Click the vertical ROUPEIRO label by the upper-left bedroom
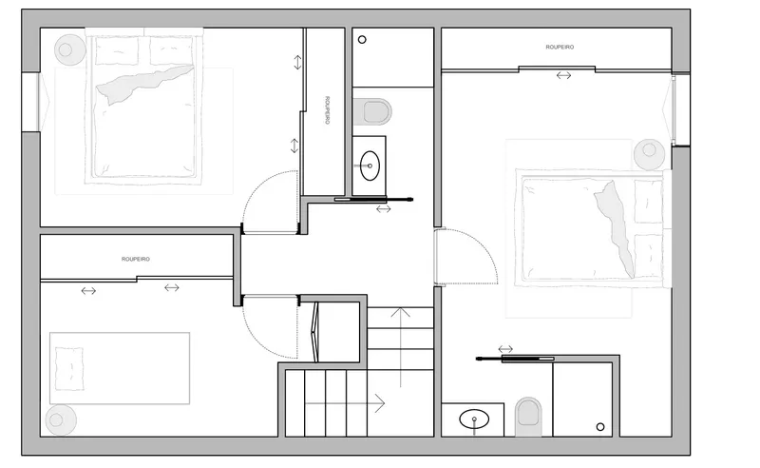(x=327, y=110)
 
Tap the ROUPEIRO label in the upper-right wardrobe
(x=560, y=46)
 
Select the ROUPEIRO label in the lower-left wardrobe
(x=136, y=259)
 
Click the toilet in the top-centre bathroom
(x=373, y=112)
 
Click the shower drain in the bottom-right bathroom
(x=600, y=425)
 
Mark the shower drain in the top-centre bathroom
(x=363, y=39)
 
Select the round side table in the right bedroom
(x=650, y=151)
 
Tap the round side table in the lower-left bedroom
(x=60, y=419)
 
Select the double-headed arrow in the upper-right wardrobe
(x=564, y=74)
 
